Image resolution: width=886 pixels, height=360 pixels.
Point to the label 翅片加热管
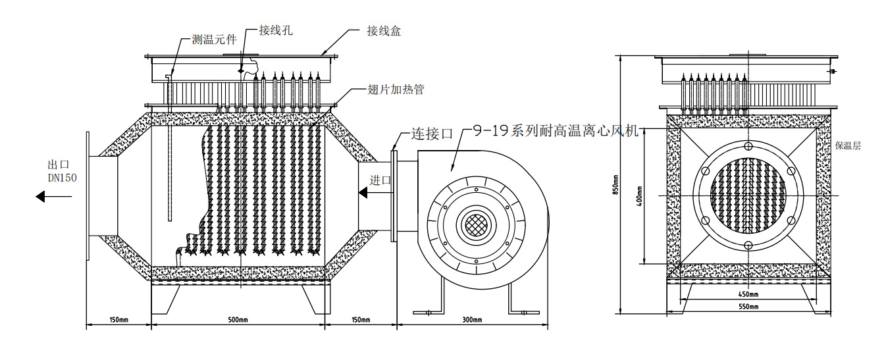point(395,90)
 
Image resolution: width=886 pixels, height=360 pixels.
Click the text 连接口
point(432,133)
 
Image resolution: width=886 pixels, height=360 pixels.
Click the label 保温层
point(848,146)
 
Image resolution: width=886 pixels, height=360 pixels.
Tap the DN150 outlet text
point(63,178)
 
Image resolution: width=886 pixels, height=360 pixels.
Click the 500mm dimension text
point(238,321)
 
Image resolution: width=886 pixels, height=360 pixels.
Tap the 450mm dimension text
point(749,294)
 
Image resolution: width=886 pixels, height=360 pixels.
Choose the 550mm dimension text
point(749,307)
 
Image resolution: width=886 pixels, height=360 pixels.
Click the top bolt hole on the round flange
point(749,146)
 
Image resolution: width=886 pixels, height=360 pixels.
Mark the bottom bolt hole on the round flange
point(749,245)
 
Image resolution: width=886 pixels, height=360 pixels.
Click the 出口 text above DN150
point(58,165)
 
